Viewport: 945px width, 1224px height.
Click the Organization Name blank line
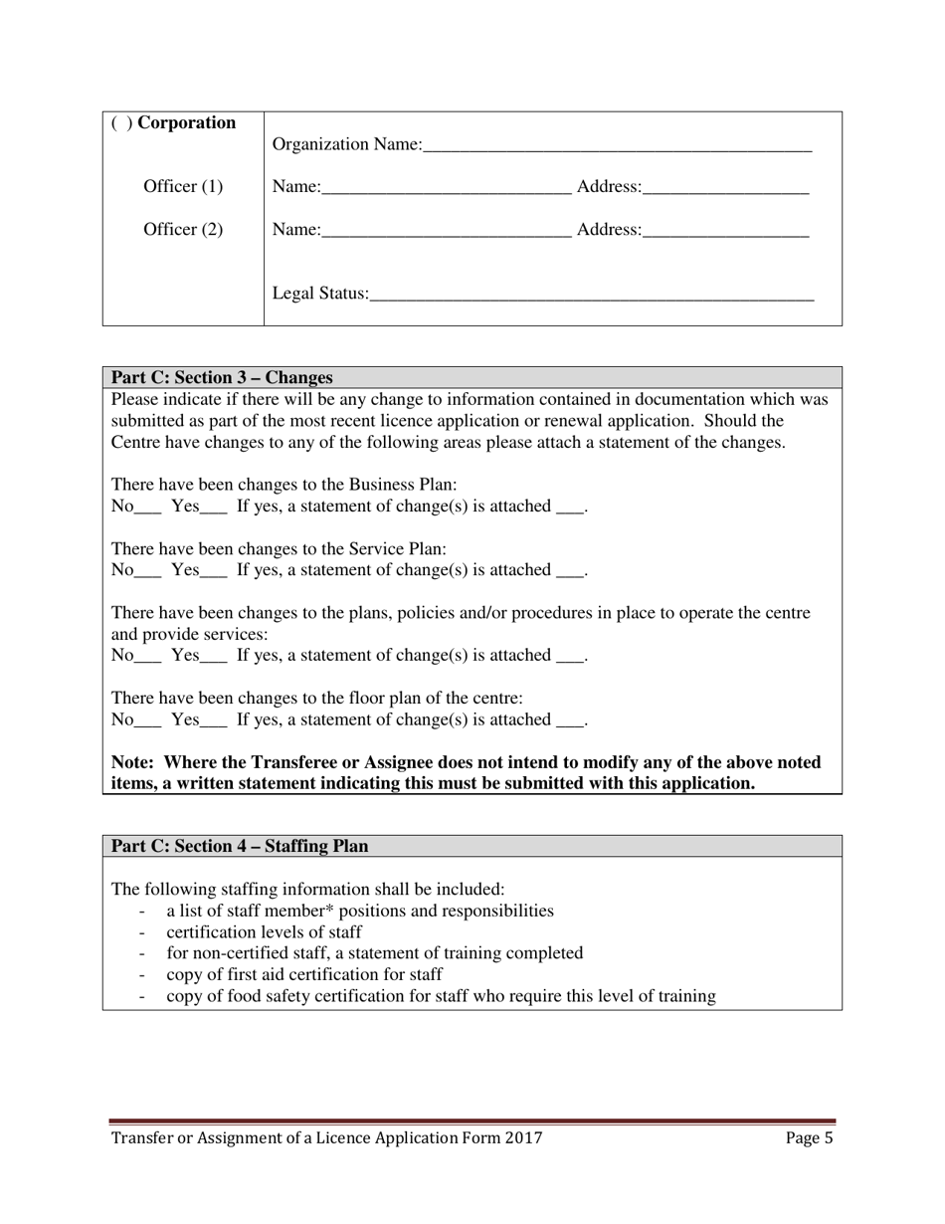[617, 146]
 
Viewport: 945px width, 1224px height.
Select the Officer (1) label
[184, 187]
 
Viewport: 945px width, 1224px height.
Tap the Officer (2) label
[184, 230]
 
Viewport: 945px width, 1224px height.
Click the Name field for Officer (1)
[446, 187]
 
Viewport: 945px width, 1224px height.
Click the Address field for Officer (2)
[725, 230]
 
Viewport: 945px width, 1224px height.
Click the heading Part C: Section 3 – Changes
[221, 378]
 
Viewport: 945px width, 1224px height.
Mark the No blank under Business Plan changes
[147, 507]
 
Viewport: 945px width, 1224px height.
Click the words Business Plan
[402, 485]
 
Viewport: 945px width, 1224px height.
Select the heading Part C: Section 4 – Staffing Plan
[239, 846]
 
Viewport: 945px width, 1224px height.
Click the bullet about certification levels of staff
[264, 932]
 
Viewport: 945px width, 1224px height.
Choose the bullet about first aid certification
[303, 974]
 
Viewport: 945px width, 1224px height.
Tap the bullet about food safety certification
[440, 995]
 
